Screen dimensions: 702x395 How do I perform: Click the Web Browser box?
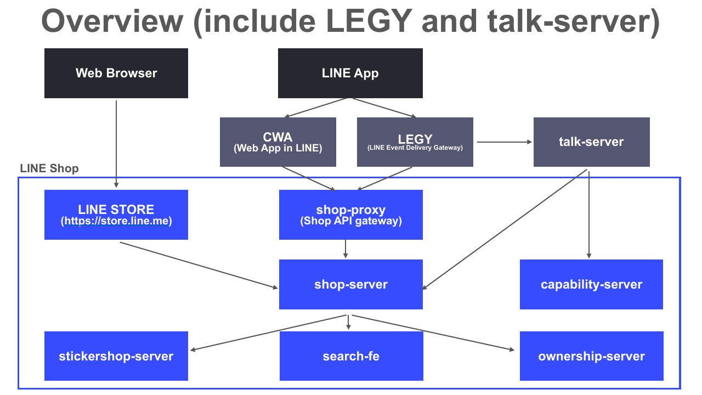(x=116, y=73)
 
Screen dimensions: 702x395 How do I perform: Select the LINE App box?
(x=350, y=73)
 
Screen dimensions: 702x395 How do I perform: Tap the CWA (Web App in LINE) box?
(x=278, y=142)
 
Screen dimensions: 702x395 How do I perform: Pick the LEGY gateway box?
(x=415, y=142)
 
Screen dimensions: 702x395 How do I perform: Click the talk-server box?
(x=592, y=142)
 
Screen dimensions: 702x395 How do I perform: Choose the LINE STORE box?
(x=116, y=215)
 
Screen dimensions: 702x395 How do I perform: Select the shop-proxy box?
(x=351, y=215)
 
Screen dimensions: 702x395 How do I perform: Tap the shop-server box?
(x=351, y=284)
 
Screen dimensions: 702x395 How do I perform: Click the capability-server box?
(x=591, y=284)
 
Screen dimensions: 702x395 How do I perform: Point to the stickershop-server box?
(x=116, y=356)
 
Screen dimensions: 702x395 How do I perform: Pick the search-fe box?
(x=352, y=356)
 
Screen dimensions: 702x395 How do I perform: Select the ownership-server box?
(x=592, y=356)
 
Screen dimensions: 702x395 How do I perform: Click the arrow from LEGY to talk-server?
(x=505, y=142)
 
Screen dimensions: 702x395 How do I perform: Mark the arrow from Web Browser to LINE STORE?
(x=116, y=144)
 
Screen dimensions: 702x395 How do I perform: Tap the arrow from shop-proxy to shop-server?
(x=346, y=249)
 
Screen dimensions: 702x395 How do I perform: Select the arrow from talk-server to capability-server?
(x=589, y=215)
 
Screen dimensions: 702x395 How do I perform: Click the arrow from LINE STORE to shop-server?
(x=199, y=265)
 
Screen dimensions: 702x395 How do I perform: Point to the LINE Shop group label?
(x=49, y=168)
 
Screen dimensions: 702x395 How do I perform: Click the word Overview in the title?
(x=112, y=21)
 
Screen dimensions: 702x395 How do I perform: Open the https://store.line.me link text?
(x=116, y=221)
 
